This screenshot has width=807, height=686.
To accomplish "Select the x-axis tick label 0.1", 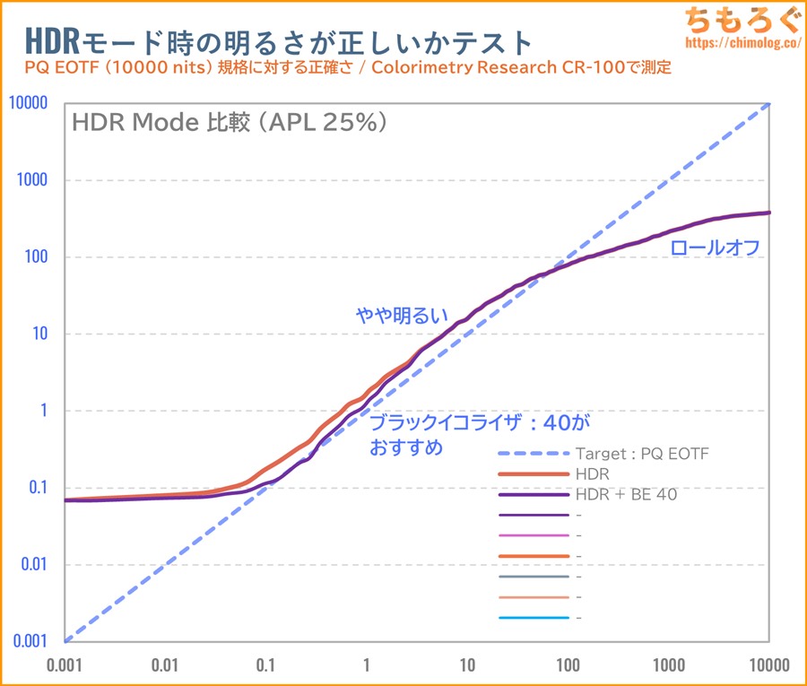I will [265, 664].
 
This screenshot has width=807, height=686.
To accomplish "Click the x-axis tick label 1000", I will [669, 664].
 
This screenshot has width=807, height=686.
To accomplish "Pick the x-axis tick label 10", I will [467, 664].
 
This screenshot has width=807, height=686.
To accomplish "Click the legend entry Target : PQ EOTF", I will [641, 454].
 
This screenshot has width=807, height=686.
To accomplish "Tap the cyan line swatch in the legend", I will [532, 618].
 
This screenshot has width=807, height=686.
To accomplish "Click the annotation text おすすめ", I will [406, 447].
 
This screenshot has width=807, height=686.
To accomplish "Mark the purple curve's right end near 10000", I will [769, 213].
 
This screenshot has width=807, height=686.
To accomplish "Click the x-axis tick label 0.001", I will [65, 664].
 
